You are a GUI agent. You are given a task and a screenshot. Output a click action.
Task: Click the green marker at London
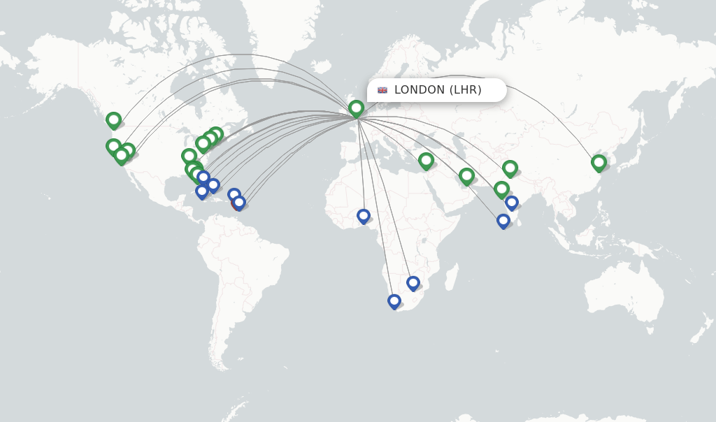pyautogui.click(x=356, y=108)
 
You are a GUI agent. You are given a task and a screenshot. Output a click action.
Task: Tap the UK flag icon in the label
pyautogui.click(x=382, y=90)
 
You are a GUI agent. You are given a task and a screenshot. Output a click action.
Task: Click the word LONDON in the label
pyautogui.click(x=420, y=90)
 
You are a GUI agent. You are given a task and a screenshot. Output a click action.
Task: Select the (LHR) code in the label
pyautogui.click(x=465, y=90)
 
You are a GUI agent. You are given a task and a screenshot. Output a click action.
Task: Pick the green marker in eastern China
pyautogui.click(x=599, y=163)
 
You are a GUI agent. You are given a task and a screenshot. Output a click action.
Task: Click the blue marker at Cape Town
pyautogui.click(x=394, y=301)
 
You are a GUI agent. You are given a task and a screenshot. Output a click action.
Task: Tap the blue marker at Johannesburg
pyautogui.click(x=413, y=283)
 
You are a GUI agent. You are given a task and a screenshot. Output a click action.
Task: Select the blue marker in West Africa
pyautogui.click(x=364, y=216)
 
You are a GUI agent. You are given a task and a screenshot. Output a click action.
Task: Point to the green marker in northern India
pyautogui.click(x=510, y=168)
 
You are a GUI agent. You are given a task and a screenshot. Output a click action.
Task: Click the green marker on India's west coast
pyautogui.click(x=501, y=189)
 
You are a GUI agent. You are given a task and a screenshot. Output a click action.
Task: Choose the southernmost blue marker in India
pyautogui.click(x=503, y=221)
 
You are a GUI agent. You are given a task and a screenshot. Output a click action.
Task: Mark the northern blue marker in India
pyautogui.click(x=512, y=203)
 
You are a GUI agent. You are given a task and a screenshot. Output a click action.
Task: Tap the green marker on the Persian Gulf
pyautogui.click(x=466, y=176)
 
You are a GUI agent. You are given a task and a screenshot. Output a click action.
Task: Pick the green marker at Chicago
pyautogui.click(x=189, y=156)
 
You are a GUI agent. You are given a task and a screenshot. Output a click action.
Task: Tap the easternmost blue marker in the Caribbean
pyautogui.click(x=239, y=203)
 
